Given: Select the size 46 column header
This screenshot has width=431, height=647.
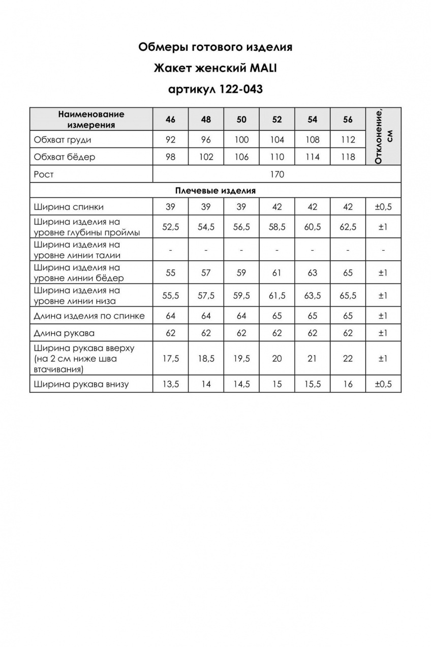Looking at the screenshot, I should coord(170,120).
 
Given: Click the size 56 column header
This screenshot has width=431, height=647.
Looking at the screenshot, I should coord(348,120).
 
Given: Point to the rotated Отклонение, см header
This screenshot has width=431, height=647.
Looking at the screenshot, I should coord(383,136).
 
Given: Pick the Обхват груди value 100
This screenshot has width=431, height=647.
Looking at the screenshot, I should coord(241,139).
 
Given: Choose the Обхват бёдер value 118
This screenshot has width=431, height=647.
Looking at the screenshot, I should coord(348,157).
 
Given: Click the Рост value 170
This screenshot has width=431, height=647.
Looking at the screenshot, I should coord(277,174).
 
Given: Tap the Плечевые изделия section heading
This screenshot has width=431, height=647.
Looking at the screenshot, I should coord(215,191).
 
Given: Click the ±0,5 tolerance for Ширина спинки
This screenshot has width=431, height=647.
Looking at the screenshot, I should coord(383,207).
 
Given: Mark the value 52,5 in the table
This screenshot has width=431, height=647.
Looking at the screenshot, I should coord(170,227).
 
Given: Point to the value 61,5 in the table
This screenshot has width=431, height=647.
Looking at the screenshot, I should coord(277,296).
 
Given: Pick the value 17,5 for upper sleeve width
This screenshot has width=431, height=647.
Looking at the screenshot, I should coord(170,359).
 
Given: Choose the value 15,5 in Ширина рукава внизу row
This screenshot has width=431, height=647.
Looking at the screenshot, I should coord(313,384).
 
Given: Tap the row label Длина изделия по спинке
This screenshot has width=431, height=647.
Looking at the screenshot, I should coord(89,316).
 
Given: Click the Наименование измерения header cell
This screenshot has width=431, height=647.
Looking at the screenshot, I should coord(91,120).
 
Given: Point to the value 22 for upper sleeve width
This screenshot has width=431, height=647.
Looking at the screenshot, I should coord(348,359).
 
